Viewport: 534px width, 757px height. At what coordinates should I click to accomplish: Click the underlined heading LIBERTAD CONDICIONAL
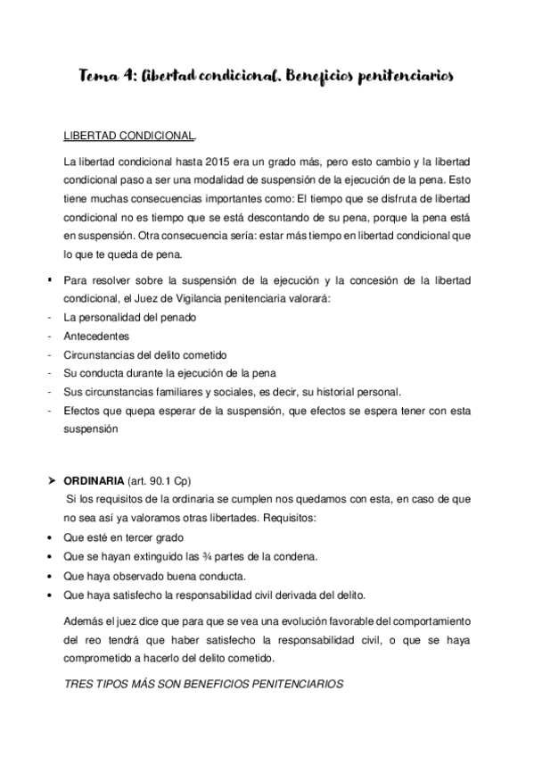point(129,137)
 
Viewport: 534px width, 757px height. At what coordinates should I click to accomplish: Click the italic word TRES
point(79,684)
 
